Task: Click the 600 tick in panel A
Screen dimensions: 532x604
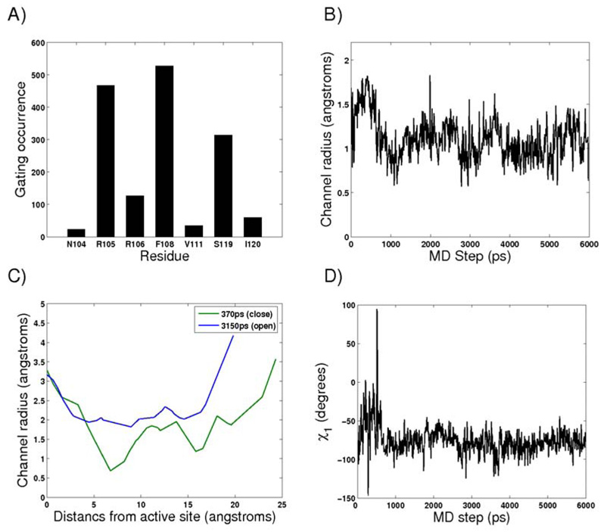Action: pyautogui.click(x=35, y=42)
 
